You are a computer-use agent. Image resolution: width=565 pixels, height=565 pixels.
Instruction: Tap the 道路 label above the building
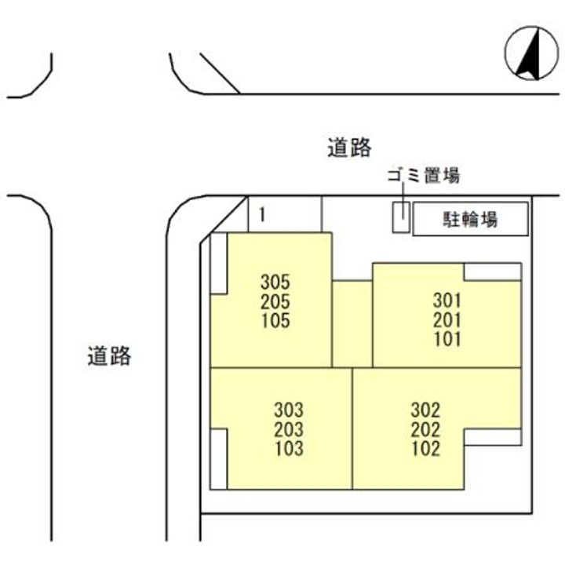click(x=349, y=148)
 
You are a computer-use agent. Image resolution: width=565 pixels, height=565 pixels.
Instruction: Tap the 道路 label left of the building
click(x=109, y=356)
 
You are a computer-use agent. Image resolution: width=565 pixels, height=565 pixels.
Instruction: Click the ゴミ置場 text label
click(x=422, y=176)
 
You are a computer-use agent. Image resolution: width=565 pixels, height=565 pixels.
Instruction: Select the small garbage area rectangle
click(x=401, y=217)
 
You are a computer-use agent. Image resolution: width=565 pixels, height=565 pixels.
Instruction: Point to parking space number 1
click(x=261, y=214)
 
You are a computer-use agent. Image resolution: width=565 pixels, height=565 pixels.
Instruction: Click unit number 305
click(x=275, y=282)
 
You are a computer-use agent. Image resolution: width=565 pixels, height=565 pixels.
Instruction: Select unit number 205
click(x=275, y=301)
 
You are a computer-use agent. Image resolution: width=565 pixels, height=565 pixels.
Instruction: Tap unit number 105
click(x=275, y=321)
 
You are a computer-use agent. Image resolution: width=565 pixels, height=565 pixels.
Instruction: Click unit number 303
click(x=289, y=410)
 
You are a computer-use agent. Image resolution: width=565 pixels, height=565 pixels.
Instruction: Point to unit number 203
click(x=289, y=429)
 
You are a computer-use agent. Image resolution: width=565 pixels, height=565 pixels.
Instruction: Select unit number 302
click(x=425, y=410)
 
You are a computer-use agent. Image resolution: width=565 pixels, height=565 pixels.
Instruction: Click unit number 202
click(x=425, y=429)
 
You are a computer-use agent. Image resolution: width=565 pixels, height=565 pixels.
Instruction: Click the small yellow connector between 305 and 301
click(x=352, y=323)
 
